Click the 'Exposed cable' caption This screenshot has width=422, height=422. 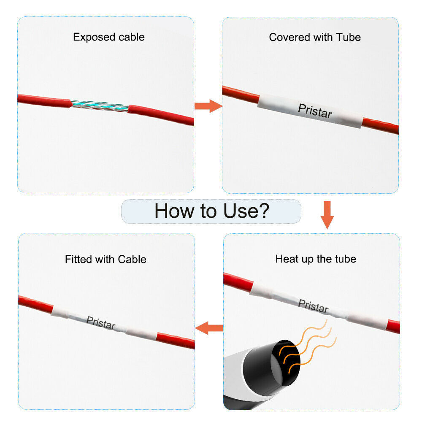point(109,37)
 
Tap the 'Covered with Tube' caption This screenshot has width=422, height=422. point(315,37)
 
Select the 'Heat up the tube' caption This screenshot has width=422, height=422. point(316,259)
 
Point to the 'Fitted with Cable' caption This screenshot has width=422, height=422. point(105,259)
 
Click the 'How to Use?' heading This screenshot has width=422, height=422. point(212,211)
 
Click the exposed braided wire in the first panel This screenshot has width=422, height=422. point(100,105)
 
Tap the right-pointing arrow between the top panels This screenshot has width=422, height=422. point(208,106)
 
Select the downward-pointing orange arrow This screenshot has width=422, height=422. point(327,215)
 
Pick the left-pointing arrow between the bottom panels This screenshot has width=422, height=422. point(209,328)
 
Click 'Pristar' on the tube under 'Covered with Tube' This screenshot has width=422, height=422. point(315,111)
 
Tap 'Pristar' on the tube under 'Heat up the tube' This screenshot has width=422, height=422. point(313,306)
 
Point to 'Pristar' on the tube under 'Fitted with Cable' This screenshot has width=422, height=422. point(101,322)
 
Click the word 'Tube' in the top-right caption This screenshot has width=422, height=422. point(348,37)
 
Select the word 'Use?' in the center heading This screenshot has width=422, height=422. point(246,211)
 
